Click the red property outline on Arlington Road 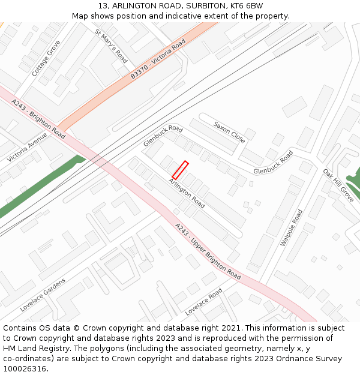click(x=181, y=170)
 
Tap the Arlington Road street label click(x=187, y=194)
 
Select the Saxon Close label click(x=229, y=132)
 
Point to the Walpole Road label click(x=292, y=227)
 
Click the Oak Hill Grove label click(x=339, y=185)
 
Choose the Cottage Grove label click(x=46, y=58)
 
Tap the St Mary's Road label click(x=111, y=46)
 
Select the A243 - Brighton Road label click(x=38, y=119)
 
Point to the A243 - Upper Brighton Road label click(x=208, y=251)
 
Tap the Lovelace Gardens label click(x=42, y=295)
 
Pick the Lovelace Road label click(x=204, y=302)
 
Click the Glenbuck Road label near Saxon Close click(x=163, y=136)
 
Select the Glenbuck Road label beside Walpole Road click(x=273, y=163)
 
